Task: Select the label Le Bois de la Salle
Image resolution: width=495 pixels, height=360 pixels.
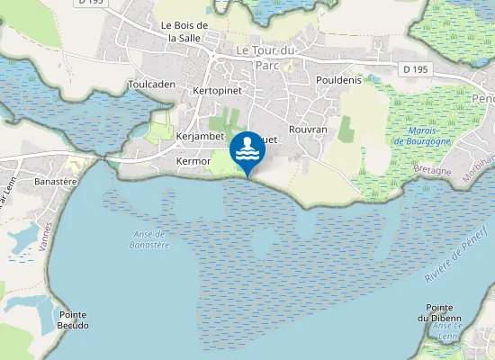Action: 184,31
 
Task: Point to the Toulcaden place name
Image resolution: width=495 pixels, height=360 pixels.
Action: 151,84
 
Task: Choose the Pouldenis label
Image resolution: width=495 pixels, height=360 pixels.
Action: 338,80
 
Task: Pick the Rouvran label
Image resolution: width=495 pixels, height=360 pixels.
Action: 308,130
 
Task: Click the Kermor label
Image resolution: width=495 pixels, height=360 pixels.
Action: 193,161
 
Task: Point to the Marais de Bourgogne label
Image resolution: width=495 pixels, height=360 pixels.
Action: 415,137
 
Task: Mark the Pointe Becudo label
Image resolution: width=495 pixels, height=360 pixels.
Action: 73,320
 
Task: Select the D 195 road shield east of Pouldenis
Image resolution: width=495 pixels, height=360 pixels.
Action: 414,69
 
